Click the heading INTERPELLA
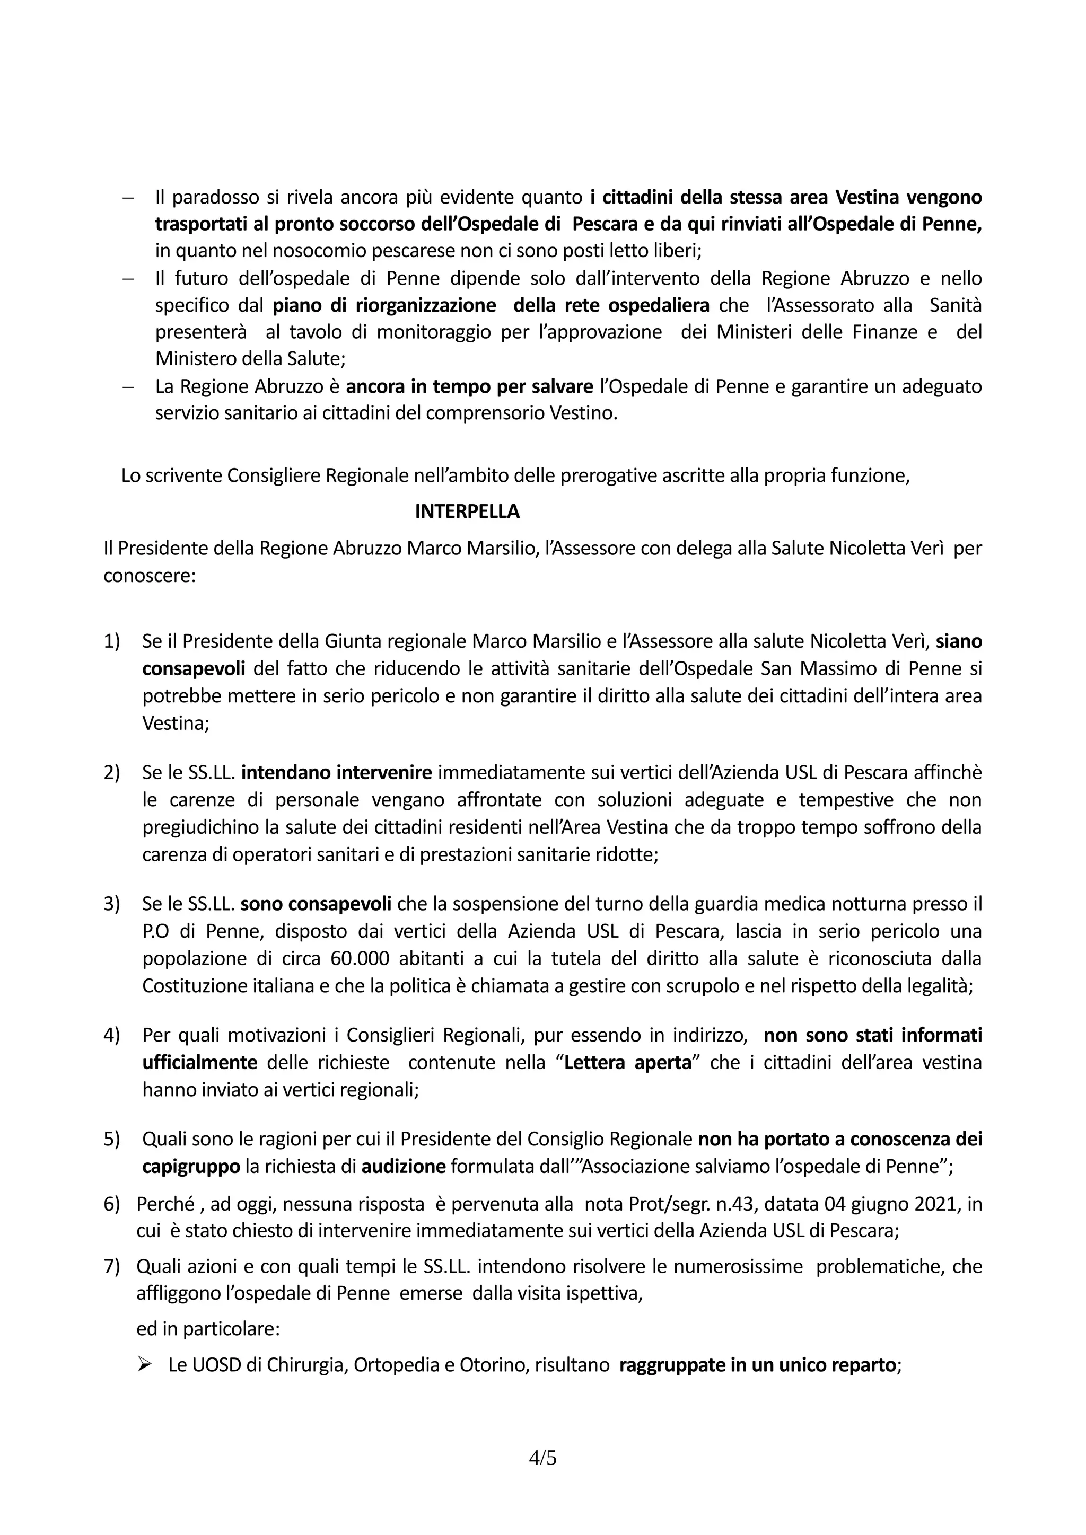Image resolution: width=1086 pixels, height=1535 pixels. tap(467, 511)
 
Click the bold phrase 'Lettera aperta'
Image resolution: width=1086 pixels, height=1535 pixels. tap(627, 1062)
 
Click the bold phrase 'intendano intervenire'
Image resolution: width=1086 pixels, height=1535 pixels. tap(336, 772)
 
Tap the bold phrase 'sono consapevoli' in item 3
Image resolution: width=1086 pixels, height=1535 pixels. tap(316, 904)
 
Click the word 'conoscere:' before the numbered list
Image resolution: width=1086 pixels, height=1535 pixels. tap(149, 575)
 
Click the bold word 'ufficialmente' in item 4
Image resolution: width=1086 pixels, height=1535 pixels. tap(199, 1062)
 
